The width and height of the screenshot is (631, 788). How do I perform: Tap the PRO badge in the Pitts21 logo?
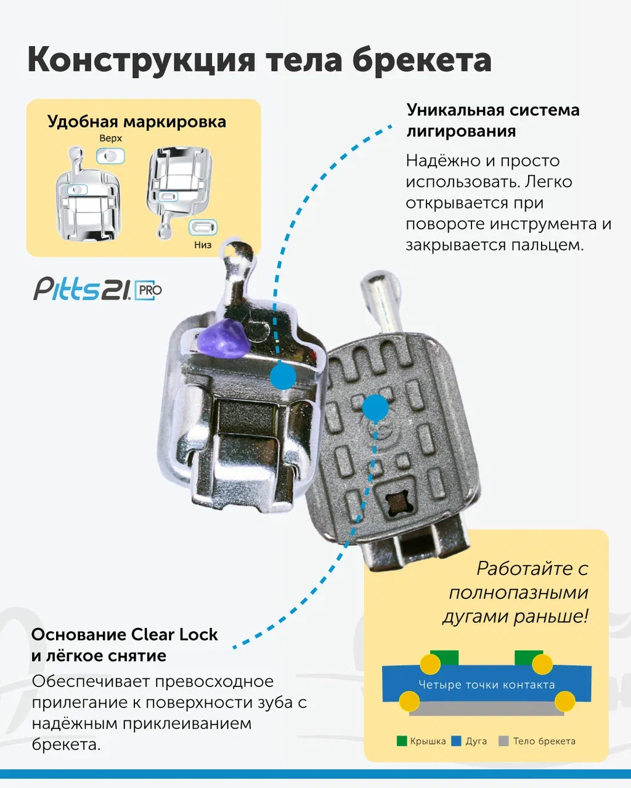pyautogui.click(x=148, y=291)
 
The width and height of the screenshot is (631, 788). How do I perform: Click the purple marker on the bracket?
pyautogui.click(x=224, y=339)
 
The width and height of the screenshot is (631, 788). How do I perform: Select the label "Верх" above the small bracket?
pyautogui.click(x=110, y=139)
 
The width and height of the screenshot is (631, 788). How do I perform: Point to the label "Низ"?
pyautogui.click(x=203, y=244)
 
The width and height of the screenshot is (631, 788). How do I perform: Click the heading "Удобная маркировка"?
pyautogui.click(x=137, y=122)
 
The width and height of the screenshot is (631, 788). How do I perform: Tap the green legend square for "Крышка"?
pyautogui.click(x=402, y=741)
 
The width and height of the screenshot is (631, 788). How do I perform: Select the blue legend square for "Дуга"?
pyautogui.click(x=456, y=741)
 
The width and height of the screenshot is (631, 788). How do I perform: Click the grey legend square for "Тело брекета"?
pyautogui.click(x=504, y=741)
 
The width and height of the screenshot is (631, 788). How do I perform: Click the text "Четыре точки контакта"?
pyautogui.click(x=487, y=685)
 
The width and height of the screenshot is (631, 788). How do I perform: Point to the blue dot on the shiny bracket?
pyautogui.click(x=283, y=376)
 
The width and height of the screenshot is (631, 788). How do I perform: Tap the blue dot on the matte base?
pyautogui.click(x=375, y=407)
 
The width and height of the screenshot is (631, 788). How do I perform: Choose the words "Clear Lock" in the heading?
pyautogui.click(x=174, y=635)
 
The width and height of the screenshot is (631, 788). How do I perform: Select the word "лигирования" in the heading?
pyautogui.click(x=462, y=131)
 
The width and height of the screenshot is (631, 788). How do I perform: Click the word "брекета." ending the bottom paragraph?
pyautogui.click(x=67, y=744)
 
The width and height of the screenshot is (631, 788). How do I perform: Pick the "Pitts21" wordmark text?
pyautogui.click(x=82, y=289)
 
